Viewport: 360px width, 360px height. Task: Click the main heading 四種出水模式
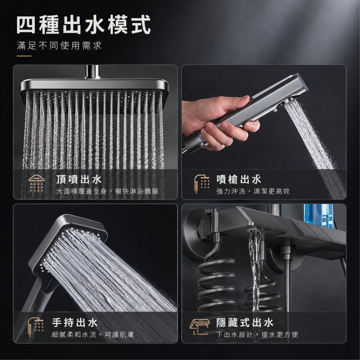click(x=84, y=24)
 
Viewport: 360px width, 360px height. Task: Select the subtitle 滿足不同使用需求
click(x=59, y=45)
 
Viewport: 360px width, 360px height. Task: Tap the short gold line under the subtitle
click(x=24, y=56)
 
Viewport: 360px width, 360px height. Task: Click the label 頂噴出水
click(x=79, y=179)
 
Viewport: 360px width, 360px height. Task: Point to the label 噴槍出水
click(x=239, y=179)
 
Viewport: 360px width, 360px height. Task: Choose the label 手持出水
click(x=75, y=323)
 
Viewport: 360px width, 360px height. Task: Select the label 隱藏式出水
click(x=245, y=323)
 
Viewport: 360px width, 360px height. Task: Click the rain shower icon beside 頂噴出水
click(x=36, y=184)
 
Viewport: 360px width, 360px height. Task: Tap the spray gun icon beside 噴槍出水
click(x=201, y=184)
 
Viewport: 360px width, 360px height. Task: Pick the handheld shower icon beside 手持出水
click(x=36, y=327)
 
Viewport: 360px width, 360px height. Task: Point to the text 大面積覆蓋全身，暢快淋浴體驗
click(x=107, y=191)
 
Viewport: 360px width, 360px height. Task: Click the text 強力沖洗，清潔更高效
click(x=253, y=191)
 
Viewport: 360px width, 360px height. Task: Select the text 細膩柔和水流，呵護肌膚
click(x=93, y=334)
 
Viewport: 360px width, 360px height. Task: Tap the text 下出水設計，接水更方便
click(x=257, y=334)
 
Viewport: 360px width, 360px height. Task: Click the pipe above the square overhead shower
click(x=93, y=72)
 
